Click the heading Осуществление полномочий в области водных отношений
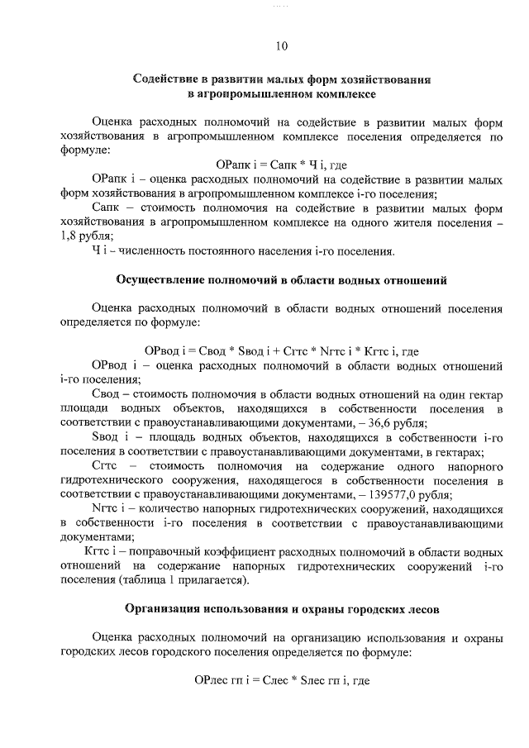[282, 280]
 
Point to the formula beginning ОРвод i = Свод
[282, 350]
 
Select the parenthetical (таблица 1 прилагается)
[179, 581]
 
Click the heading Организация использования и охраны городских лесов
[282, 610]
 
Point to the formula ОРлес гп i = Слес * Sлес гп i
[282, 681]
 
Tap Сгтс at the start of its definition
[107, 466]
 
